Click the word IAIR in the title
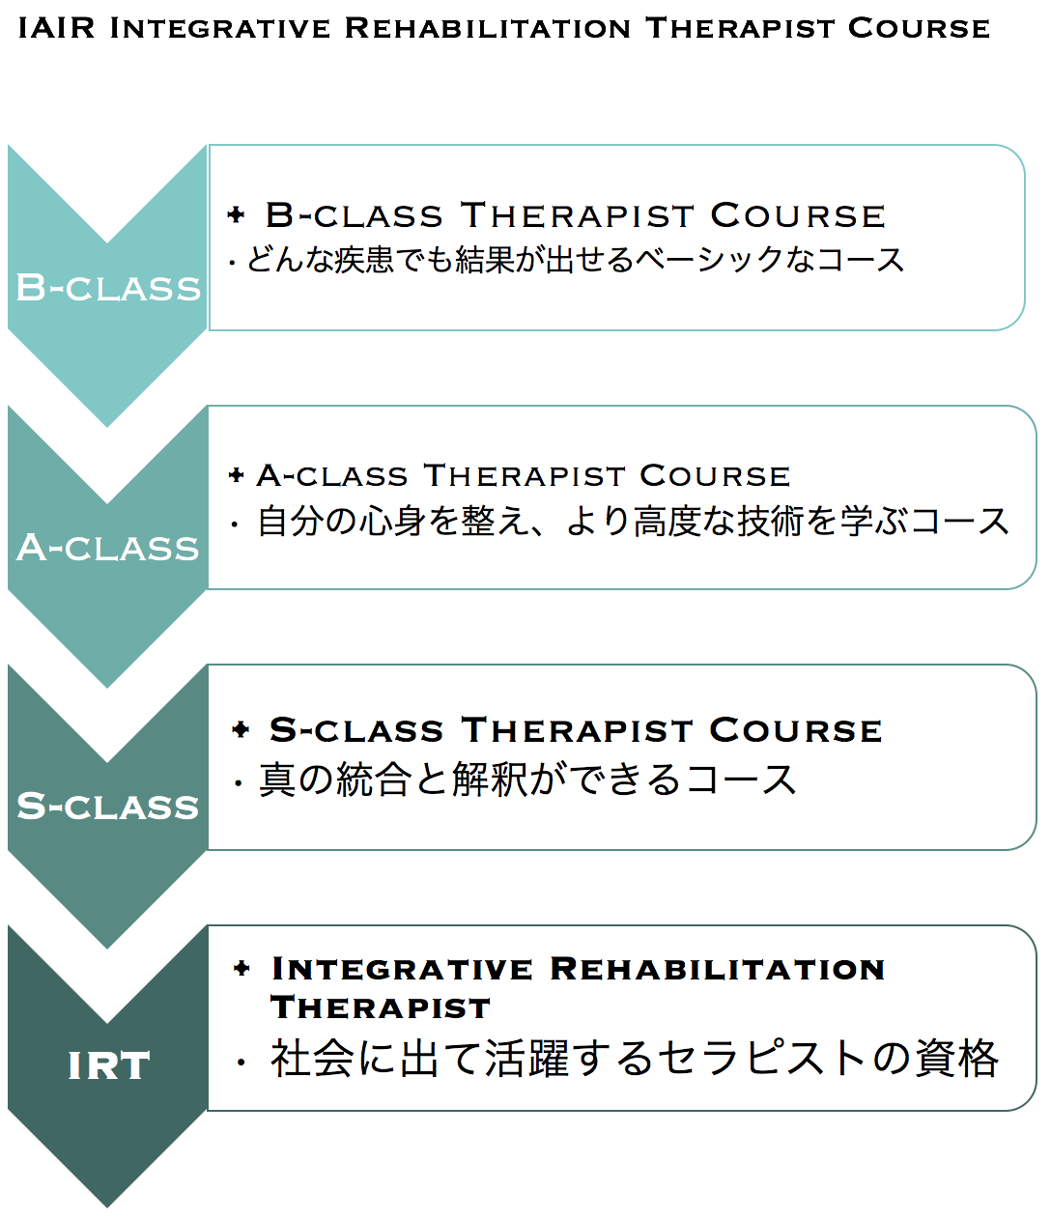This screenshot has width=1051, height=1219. [56, 28]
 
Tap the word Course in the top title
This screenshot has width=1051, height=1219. [919, 28]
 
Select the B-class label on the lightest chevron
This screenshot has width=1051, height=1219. [108, 288]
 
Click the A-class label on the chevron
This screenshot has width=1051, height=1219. [108, 548]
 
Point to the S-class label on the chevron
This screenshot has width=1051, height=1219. [108, 806]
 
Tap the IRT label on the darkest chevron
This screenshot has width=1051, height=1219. [109, 1065]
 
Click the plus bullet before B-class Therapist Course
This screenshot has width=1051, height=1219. [236, 214]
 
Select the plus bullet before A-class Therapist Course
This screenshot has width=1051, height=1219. [237, 474]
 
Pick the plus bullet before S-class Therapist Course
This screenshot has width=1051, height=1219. [241, 729]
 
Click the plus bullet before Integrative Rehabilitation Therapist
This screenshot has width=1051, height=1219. [241, 969]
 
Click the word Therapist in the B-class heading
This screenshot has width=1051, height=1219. [577, 214]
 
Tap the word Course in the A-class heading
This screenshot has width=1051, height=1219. [715, 475]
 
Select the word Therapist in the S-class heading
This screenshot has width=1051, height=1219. [577, 730]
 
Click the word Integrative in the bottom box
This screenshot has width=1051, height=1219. [402, 969]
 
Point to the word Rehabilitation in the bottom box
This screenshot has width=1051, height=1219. [717, 969]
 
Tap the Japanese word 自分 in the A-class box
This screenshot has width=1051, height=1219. [288, 522]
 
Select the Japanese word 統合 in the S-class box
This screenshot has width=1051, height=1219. [373, 780]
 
